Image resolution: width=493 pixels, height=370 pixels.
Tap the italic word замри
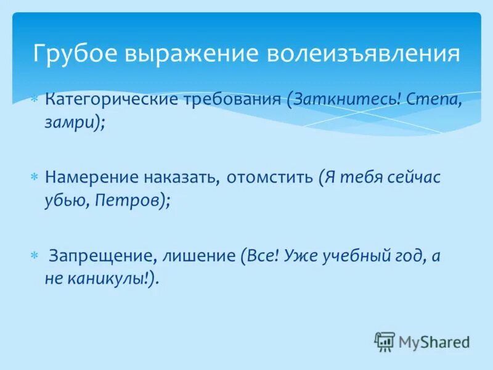pos(70,122)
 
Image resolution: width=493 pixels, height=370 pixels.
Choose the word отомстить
pos(269,178)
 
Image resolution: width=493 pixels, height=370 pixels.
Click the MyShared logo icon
pos(384,342)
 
